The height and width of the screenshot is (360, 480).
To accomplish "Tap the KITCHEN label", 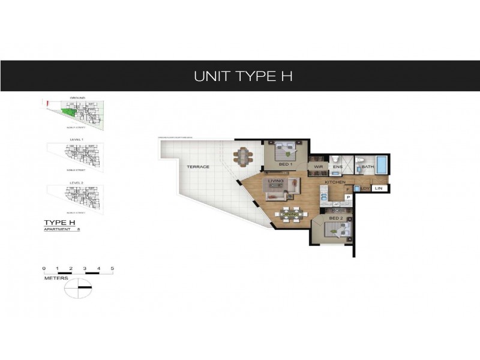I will tap(335, 181).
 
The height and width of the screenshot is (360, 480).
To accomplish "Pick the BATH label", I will tap(367, 167).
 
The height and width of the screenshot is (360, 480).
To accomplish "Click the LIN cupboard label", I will tap(378, 189).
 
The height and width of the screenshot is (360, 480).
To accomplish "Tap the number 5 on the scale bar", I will tap(112, 268).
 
